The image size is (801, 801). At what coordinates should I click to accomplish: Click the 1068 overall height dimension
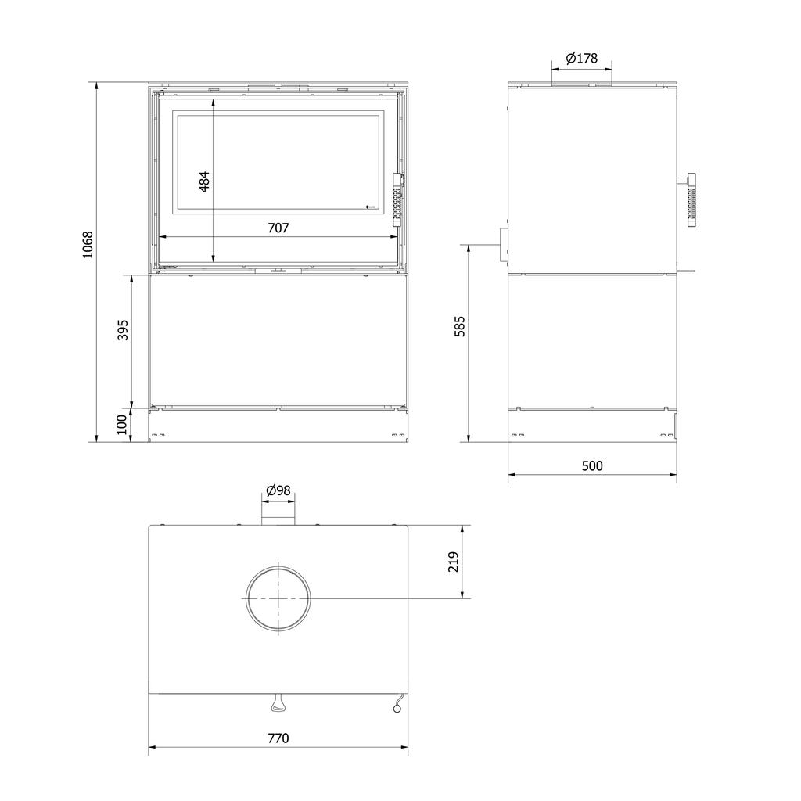88,245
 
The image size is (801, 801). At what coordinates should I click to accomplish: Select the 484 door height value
204,181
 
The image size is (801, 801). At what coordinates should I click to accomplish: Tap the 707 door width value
278,228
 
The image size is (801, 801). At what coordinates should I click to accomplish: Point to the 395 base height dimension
123,330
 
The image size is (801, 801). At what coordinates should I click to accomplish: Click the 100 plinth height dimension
121,425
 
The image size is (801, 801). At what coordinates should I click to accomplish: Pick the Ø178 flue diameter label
582,58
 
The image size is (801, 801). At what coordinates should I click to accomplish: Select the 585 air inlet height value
460,326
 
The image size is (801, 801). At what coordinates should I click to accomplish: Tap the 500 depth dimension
593,466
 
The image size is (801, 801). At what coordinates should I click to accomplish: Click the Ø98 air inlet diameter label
278,490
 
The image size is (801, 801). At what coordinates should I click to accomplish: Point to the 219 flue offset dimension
454,562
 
